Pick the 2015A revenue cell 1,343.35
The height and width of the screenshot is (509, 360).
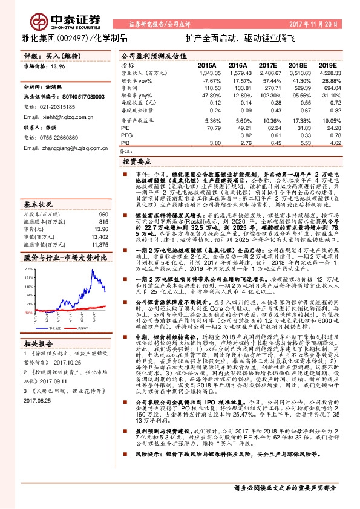point(207,73)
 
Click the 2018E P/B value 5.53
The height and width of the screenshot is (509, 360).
point(301,144)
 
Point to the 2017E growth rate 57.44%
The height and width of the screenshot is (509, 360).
point(270,80)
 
